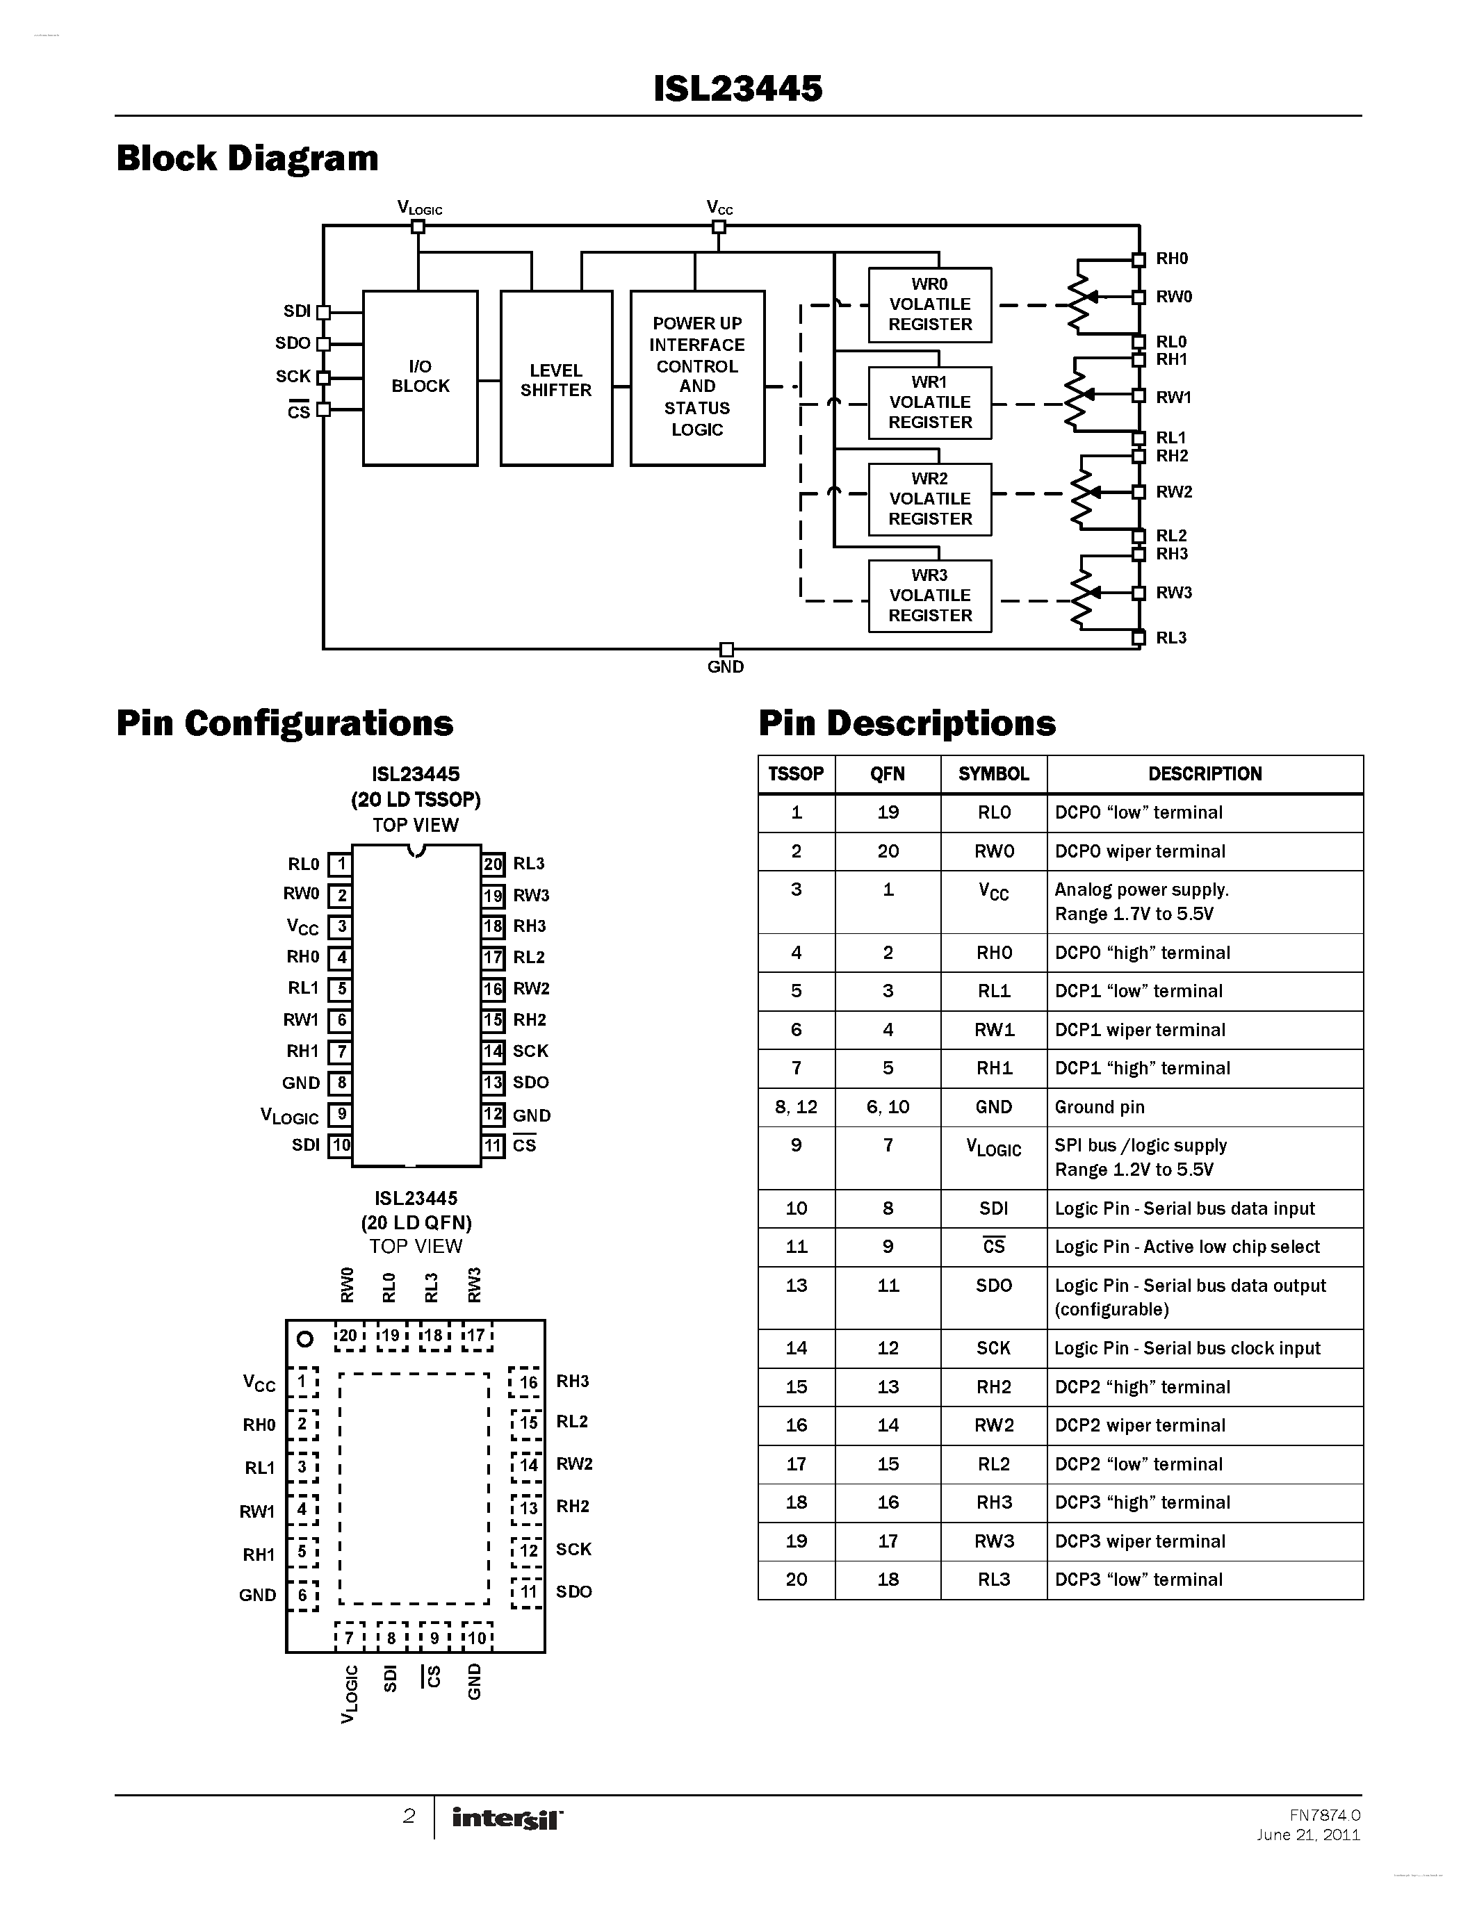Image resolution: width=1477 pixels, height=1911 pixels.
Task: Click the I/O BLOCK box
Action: click(420, 377)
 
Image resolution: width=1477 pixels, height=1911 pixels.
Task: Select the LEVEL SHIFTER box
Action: click(555, 379)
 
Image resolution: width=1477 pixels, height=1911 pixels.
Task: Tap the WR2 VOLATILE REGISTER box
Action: click(929, 499)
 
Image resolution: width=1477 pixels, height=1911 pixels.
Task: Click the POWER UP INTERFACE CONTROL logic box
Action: click(696, 377)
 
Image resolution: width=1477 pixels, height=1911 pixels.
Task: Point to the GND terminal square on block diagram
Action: click(726, 649)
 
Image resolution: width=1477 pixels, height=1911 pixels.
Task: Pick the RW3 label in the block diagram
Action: click(1173, 592)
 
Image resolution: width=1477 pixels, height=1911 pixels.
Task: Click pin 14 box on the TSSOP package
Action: click(493, 1051)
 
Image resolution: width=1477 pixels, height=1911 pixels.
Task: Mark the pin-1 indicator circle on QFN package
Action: click(304, 1339)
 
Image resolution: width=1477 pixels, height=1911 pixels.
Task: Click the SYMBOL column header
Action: click(993, 773)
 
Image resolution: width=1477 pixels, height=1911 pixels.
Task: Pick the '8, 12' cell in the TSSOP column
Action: click(795, 1107)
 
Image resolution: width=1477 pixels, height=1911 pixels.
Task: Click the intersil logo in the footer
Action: click(507, 1819)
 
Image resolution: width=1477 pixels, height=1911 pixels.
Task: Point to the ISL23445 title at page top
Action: click(737, 88)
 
